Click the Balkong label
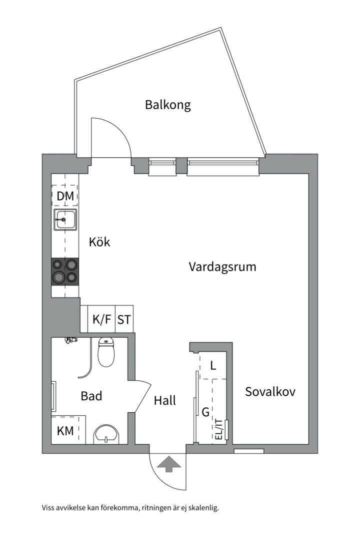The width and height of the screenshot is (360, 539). click(168, 105)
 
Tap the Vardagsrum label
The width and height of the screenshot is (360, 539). click(222, 267)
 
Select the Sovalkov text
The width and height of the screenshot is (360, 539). click(270, 392)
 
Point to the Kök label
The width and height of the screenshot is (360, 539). click(99, 243)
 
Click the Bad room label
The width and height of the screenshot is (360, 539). click(91, 396)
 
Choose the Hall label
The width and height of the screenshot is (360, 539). click(165, 400)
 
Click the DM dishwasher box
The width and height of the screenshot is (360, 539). click(65, 197)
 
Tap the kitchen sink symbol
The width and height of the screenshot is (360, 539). click(65, 220)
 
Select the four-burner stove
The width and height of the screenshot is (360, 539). click(65, 271)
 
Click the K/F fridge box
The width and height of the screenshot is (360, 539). click(102, 319)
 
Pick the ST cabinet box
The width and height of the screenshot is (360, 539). click(124, 319)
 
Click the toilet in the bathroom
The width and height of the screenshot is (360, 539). click(105, 353)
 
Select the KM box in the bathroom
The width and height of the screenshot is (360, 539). click(65, 431)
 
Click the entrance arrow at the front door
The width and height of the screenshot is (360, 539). click(168, 464)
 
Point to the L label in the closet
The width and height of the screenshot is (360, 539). click(213, 366)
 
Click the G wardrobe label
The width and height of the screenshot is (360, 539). click(205, 412)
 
